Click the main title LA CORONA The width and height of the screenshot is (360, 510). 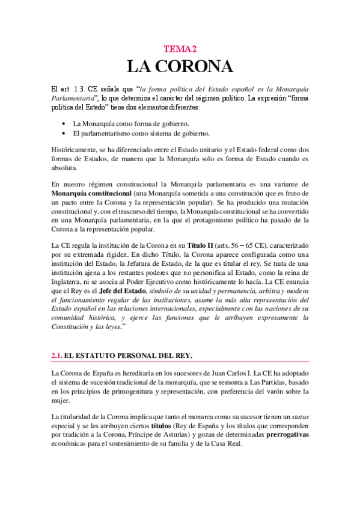(180, 66)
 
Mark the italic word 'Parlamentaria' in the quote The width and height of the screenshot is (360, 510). (74, 97)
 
